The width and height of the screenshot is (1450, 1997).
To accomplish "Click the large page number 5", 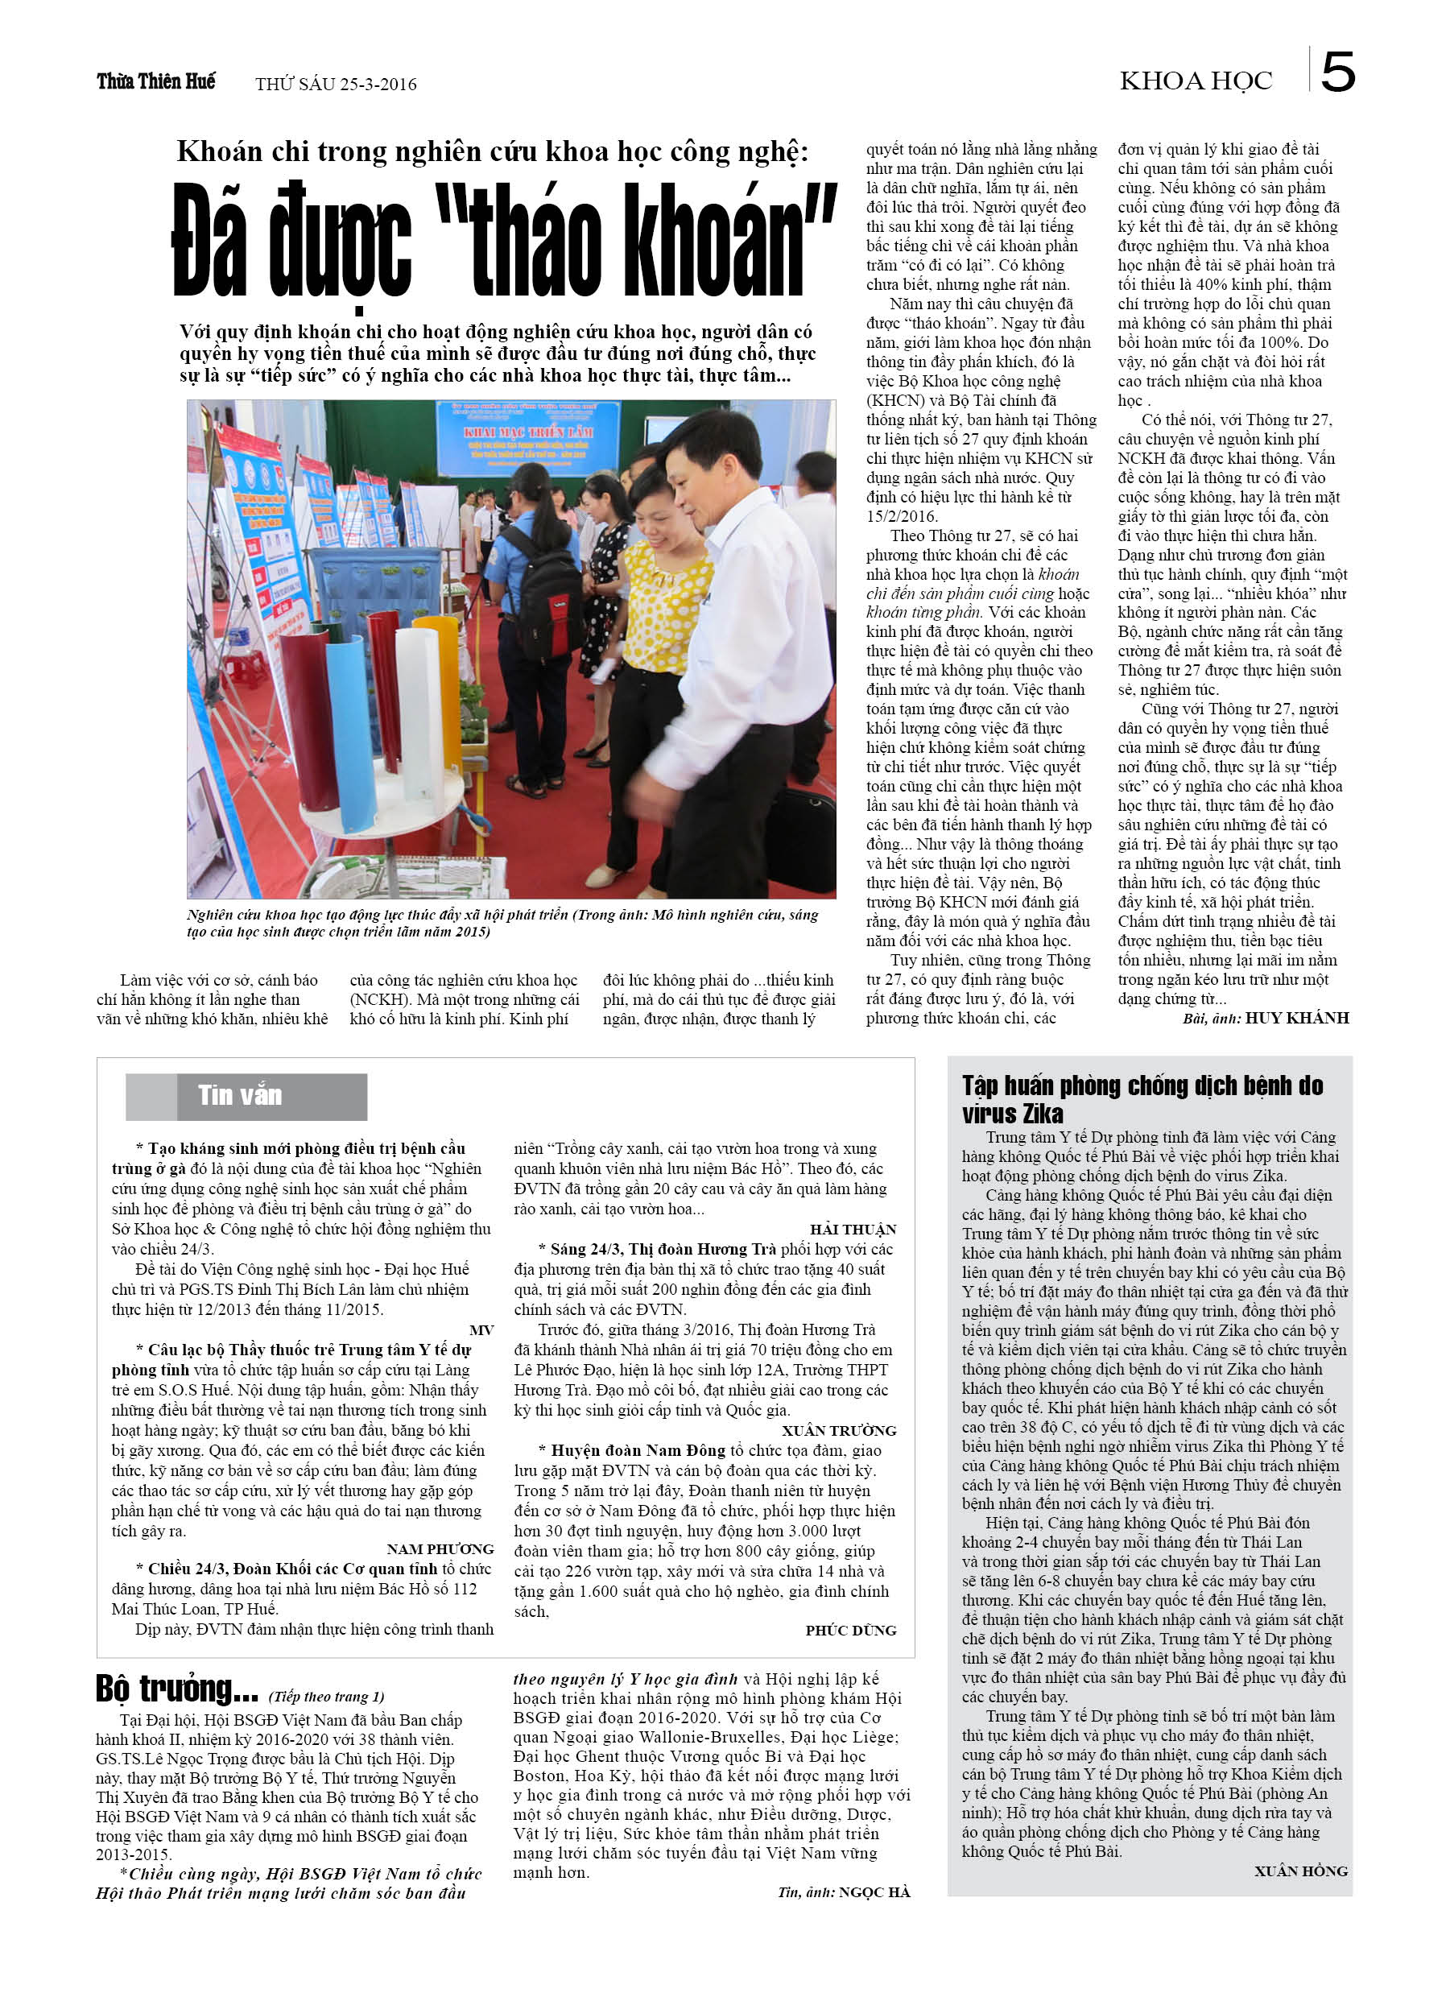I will [x=1337, y=72].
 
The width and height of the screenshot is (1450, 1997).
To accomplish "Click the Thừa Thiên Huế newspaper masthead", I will [x=156, y=82].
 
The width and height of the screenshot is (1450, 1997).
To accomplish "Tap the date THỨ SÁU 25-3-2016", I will [x=336, y=85].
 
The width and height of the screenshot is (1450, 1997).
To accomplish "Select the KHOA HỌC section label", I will [x=1196, y=82].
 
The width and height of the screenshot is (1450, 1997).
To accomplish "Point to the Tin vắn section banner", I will [x=246, y=1095].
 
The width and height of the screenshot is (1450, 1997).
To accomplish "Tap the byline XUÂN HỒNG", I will [x=1300, y=1871].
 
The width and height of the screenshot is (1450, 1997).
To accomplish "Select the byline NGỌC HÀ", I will [x=874, y=1892].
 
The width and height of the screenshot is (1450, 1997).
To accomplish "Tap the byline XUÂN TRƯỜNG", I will [x=839, y=1431].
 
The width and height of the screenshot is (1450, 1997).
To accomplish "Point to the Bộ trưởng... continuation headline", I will [x=177, y=1689].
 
